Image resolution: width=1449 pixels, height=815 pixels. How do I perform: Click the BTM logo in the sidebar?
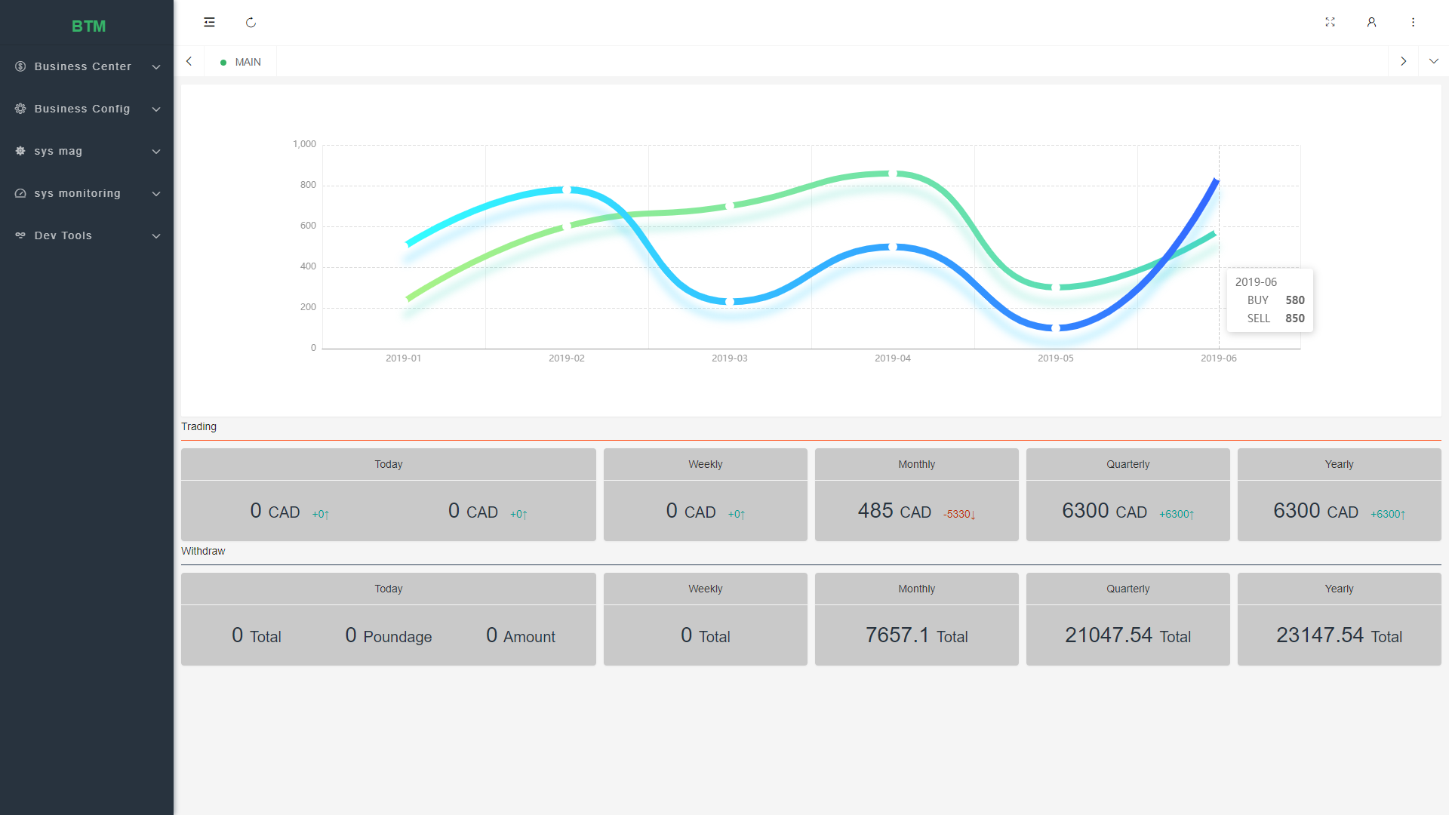[x=88, y=26]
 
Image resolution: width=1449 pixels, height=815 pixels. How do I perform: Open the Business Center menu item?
[x=83, y=66]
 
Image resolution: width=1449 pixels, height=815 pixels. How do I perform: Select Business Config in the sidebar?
[x=82, y=109]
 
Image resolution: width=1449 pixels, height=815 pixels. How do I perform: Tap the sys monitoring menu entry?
[x=78, y=193]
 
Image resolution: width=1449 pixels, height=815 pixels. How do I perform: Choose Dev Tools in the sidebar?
[x=63, y=235]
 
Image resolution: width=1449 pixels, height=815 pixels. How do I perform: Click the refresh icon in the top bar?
[x=251, y=23]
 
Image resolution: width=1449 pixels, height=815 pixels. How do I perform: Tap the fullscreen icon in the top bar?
[x=1330, y=23]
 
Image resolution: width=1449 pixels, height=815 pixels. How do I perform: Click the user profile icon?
[x=1371, y=23]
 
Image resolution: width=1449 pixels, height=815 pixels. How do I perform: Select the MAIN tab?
[x=241, y=62]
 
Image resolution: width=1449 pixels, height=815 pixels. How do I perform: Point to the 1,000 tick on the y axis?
[x=305, y=144]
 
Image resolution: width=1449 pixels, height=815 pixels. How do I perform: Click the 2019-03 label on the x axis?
[x=730, y=358]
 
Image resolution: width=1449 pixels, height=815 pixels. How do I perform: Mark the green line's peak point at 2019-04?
[x=893, y=174]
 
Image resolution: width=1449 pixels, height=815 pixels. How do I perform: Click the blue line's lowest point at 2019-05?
[x=1056, y=328]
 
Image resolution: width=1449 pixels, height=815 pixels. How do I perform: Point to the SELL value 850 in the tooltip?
[x=1295, y=318]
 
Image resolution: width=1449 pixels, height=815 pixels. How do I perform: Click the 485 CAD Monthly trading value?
[x=894, y=511]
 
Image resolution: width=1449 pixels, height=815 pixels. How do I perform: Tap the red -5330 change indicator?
[x=959, y=514]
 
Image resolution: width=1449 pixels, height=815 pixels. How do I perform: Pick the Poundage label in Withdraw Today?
[x=398, y=637]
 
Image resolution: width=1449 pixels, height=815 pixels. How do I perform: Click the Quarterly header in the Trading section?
[x=1128, y=464]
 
